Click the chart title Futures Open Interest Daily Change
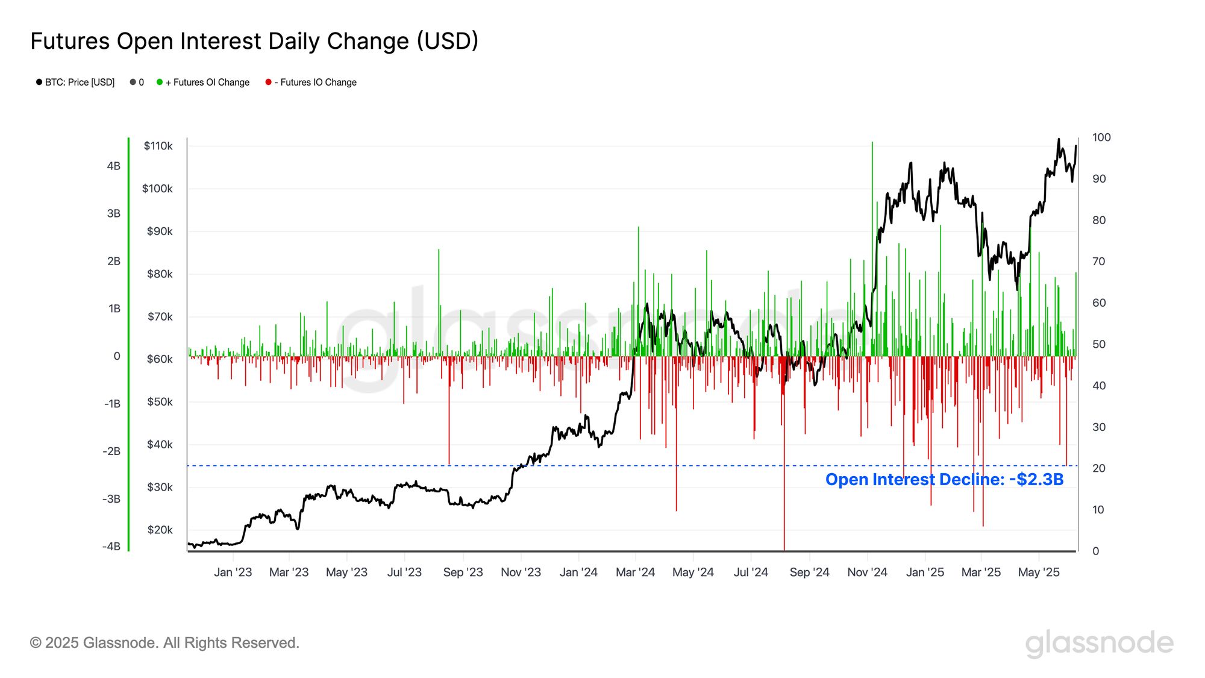pyautogui.click(x=254, y=42)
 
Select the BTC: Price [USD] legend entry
pyautogui.click(x=75, y=83)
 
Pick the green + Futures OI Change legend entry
pyautogui.click(x=203, y=83)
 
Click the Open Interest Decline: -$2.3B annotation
pyautogui.click(x=944, y=480)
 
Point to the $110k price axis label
pyautogui.click(x=158, y=146)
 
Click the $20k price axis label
pyautogui.click(x=160, y=530)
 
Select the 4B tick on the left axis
pyautogui.click(x=113, y=166)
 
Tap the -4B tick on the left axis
pyautogui.click(x=111, y=547)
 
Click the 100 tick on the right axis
pyautogui.click(x=1101, y=137)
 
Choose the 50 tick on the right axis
pyautogui.click(x=1099, y=344)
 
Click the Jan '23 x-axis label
pyautogui.click(x=233, y=573)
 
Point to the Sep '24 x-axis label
pyautogui.click(x=809, y=573)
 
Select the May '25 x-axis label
pyautogui.click(x=1038, y=573)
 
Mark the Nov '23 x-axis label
pyautogui.click(x=521, y=573)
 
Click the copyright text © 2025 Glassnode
pyautogui.click(x=164, y=643)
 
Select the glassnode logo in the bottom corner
pyautogui.click(x=1099, y=643)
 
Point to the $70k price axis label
pyautogui.click(x=160, y=316)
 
